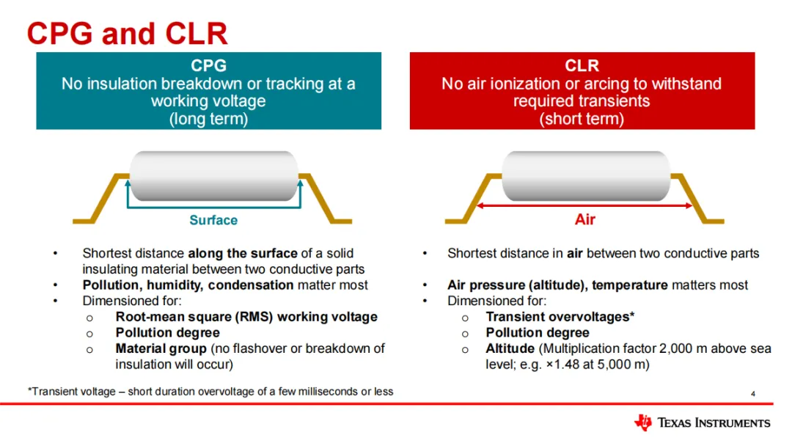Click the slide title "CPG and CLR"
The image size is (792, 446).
[x=127, y=34]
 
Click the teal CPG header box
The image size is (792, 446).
[x=208, y=91]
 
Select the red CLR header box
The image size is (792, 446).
[x=582, y=91]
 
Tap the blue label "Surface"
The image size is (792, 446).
[x=213, y=220]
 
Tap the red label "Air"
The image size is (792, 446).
[x=585, y=219]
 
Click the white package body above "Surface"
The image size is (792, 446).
[x=213, y=174]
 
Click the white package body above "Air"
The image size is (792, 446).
[x=585, y=174]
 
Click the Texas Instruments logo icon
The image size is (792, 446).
[x=642, y=422]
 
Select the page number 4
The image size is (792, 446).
[x=753, y=395]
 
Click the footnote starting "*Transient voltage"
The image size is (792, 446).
[x=210, y=391]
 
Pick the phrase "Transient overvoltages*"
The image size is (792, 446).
[x=560, y=316]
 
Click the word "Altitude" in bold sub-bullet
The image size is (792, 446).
[x=510, y=348]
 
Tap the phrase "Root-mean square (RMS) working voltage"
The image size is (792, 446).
[x=246, y=316]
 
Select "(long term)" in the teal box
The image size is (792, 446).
[x=208, y=119]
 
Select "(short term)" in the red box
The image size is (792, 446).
[x=582, y=119]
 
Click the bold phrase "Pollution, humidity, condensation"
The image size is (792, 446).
[x=188, y=285]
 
